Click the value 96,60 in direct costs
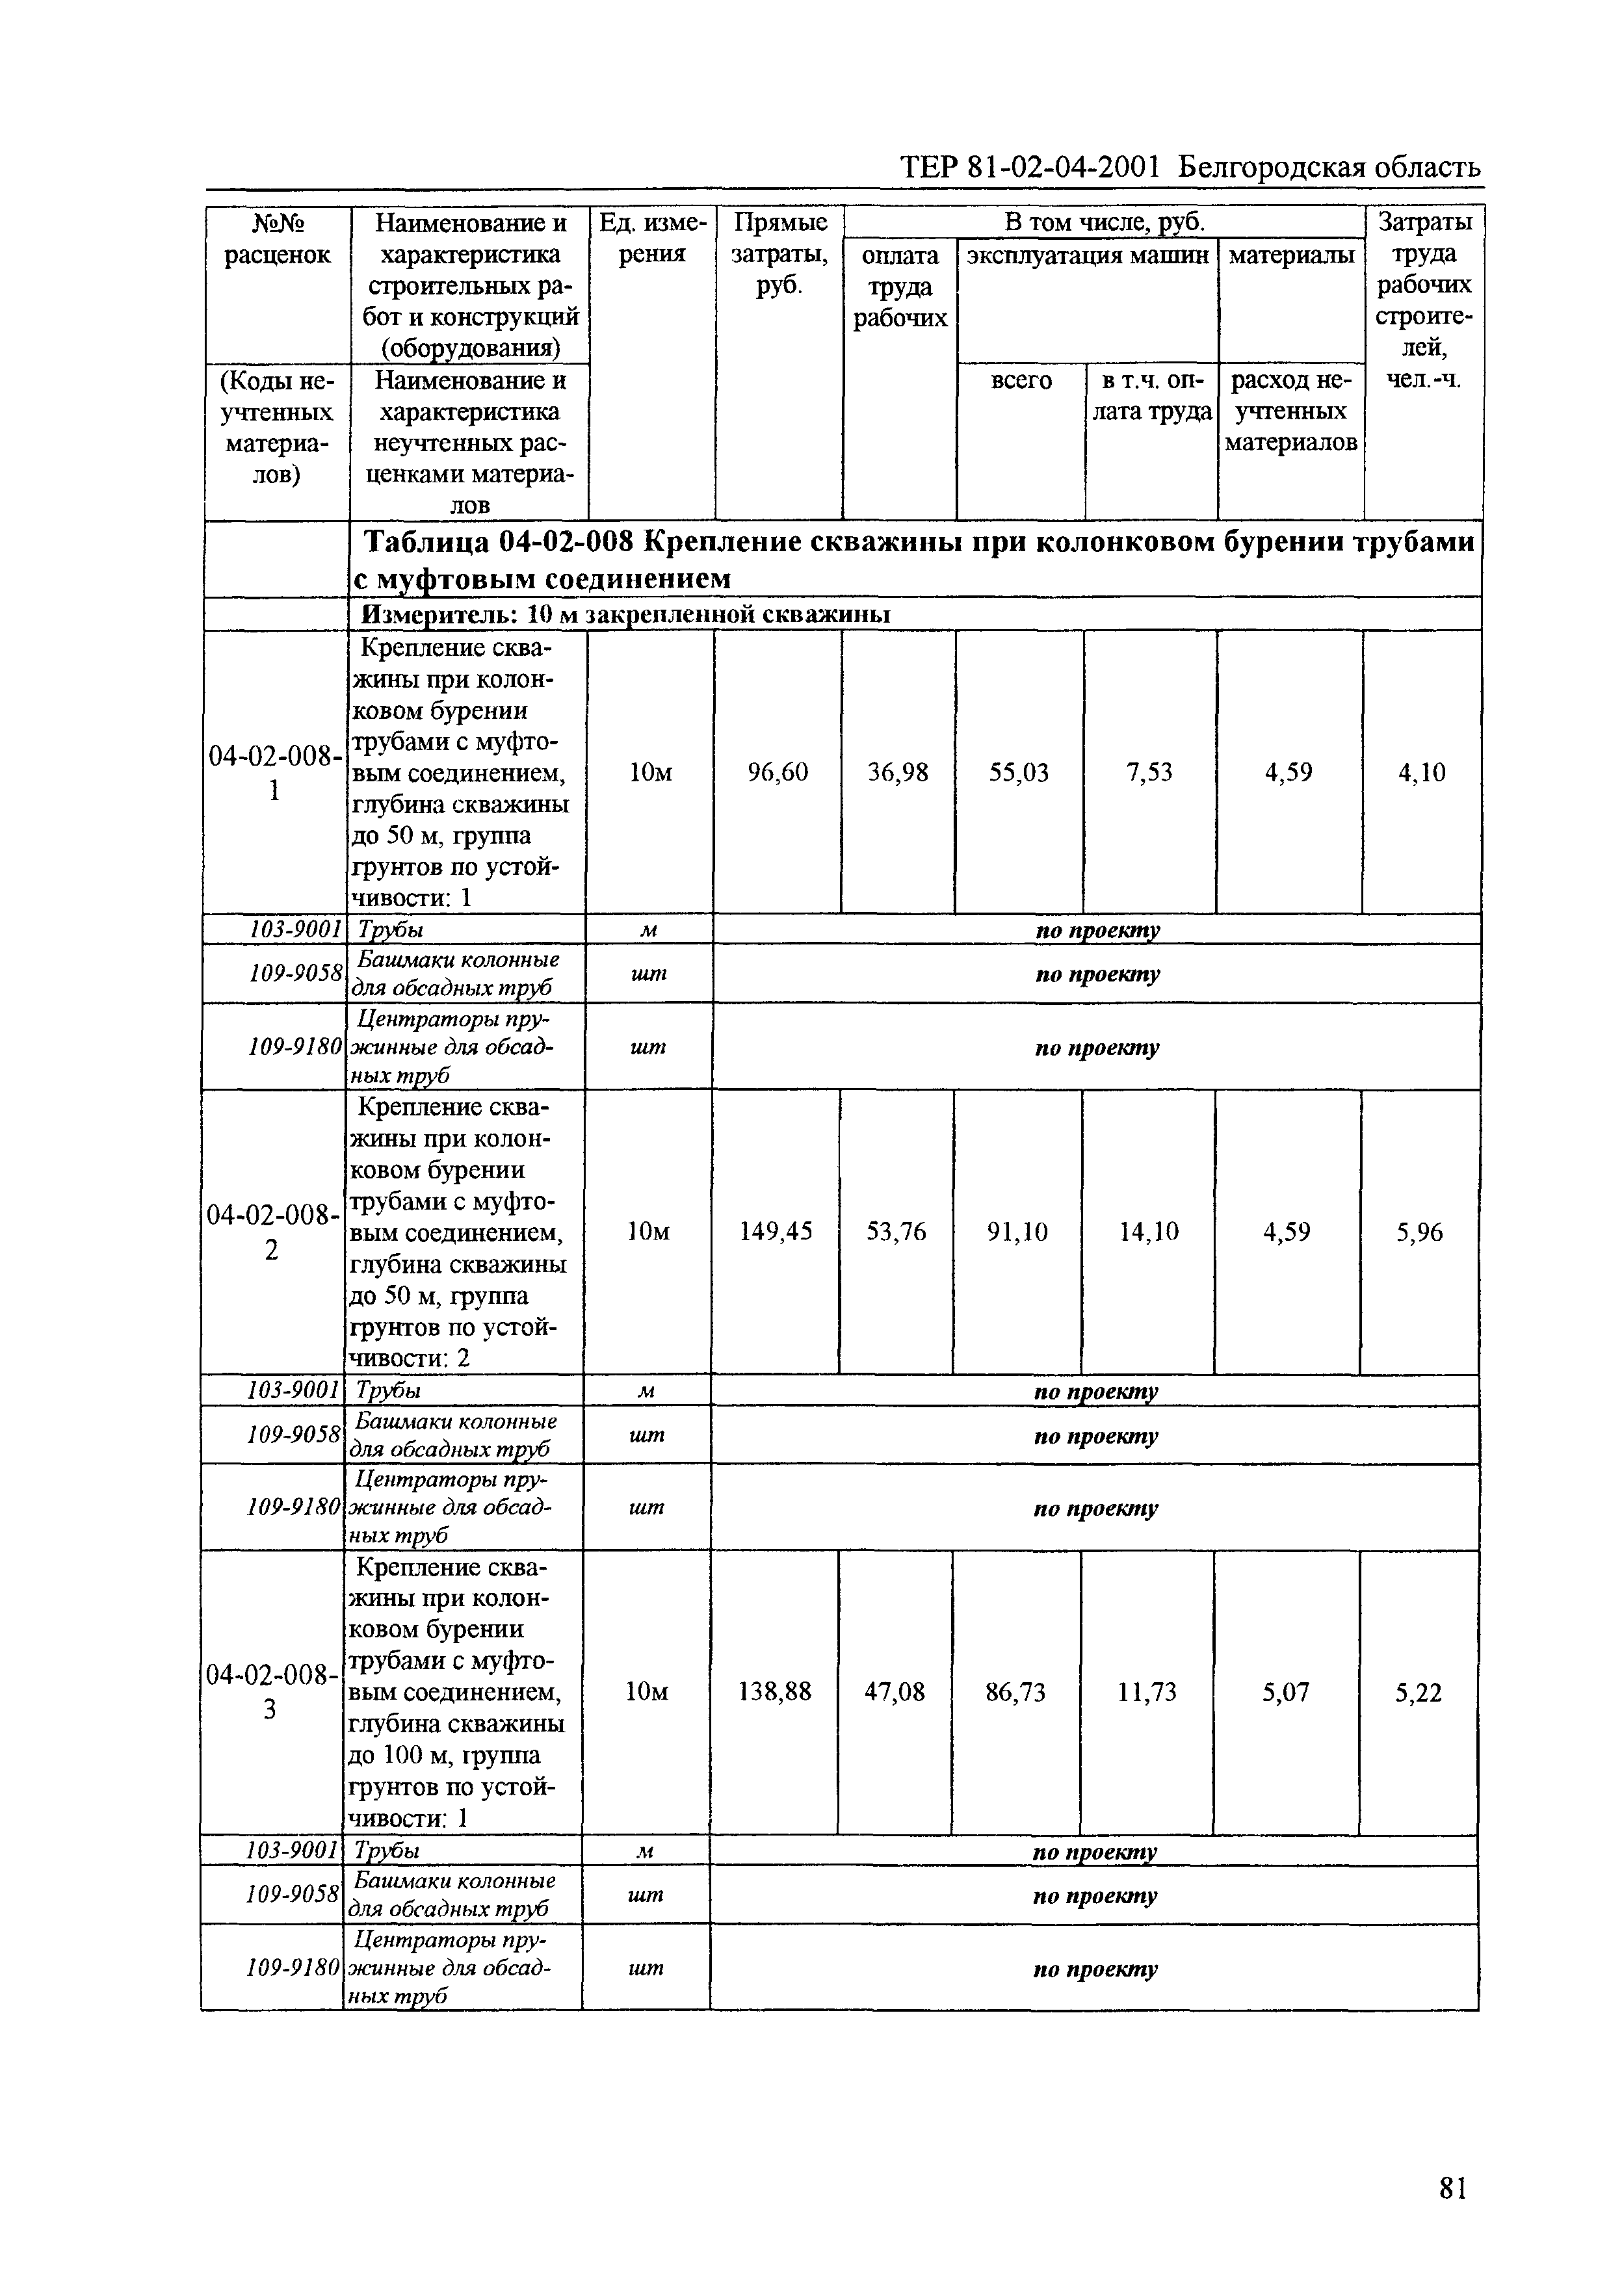click(x=777, y=772)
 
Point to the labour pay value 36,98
click(x=897, y=772)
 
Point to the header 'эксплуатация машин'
click(x=1088, y=255)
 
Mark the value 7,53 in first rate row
click(x=1149, y=772)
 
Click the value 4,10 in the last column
click(x=1421, y=772)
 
